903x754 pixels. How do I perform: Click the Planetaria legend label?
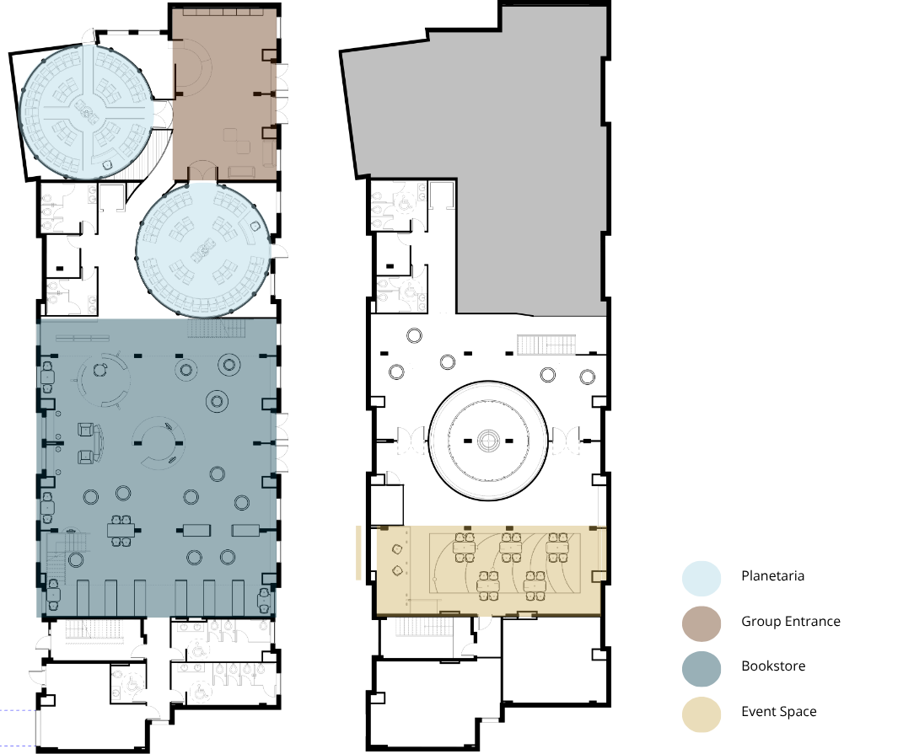[x=772, y=576]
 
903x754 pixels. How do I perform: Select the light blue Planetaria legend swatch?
[x=701, y=579]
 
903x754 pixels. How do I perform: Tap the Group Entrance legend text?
[x=791, y=622]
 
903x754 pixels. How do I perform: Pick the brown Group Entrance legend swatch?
[x=701, y=624]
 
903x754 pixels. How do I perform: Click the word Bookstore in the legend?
[x=773, y=666]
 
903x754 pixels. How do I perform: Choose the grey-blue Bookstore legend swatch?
[x=701, y=669]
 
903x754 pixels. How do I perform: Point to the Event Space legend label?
[x=778, y=712]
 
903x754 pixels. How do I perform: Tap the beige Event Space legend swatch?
[x=701, y=715]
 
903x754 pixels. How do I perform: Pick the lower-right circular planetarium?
[x=203, y=250]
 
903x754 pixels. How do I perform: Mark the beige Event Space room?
[x=490, y=570]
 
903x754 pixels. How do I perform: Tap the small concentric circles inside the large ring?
[x=488, y=441]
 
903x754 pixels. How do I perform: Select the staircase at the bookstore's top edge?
[x=217, y=329]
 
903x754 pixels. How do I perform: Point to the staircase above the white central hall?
[x=546, y=345]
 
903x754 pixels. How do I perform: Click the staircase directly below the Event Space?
[x=424, y=627]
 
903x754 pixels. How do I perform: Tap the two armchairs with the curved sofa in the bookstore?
[x=90, y=443]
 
